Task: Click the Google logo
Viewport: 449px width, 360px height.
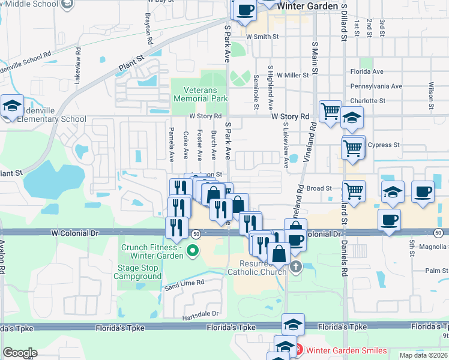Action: [x=20, y=353]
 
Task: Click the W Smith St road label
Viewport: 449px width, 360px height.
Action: [x=262, y=37]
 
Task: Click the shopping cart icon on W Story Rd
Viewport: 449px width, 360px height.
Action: [x=330, y=112]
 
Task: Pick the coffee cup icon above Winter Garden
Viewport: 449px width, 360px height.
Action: [x=246, y=10]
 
